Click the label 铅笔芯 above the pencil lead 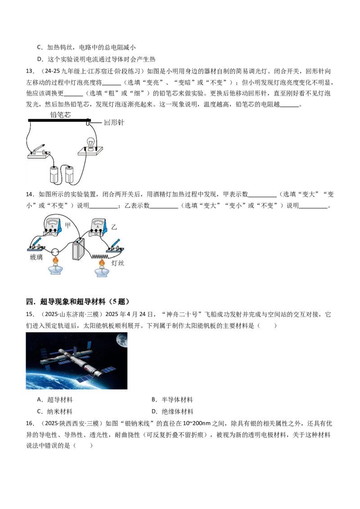60,115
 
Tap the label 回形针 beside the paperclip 114,122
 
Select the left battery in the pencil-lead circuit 54,174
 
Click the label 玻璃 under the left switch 36,257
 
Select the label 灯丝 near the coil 117,263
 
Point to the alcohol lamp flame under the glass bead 55,260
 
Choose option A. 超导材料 55,400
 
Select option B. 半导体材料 172,400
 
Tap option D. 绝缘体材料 172,411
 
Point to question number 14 30,194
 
